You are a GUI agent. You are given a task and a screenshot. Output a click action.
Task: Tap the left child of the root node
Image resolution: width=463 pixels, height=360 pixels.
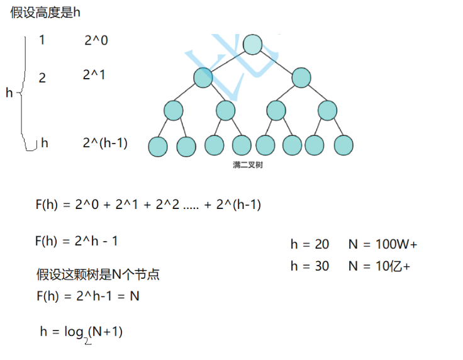[203, 78]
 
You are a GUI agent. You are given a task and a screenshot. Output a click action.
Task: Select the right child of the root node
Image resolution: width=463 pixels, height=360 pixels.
[301, 78]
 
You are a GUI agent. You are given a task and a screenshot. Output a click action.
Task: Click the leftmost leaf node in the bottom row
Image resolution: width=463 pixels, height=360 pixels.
[158, 147]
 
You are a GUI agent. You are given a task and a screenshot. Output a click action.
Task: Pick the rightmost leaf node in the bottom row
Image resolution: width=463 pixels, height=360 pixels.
[343, 146]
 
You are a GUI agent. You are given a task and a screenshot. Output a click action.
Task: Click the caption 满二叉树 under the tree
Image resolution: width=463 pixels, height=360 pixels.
[247, 166]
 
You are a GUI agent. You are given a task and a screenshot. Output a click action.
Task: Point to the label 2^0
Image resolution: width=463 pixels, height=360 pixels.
[96, 40]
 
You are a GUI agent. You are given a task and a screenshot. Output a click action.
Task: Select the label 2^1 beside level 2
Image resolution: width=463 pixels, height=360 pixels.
[94, 75]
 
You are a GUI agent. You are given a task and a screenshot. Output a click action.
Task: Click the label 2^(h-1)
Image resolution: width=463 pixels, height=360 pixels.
[105, 143]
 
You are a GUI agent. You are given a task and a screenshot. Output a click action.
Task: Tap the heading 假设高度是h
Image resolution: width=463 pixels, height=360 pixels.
[45, 13]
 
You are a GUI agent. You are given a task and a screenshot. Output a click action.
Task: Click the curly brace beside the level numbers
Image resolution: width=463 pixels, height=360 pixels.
[24, 93]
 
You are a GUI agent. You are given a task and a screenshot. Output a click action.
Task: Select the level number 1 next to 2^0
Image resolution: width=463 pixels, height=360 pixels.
[42, 40]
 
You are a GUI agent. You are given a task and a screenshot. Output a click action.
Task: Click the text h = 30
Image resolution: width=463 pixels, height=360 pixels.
[310, 266]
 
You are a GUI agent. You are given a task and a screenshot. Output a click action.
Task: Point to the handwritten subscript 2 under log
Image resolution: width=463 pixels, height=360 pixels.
[87, 340]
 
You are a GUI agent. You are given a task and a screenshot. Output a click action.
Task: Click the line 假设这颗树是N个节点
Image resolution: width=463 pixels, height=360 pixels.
[98, 274]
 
